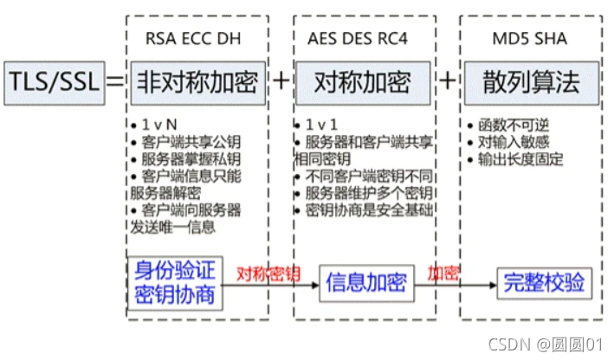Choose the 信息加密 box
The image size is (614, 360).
pos(364,281)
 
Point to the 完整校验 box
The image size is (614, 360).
pos(545,282)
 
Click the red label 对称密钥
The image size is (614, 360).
pos(269,273)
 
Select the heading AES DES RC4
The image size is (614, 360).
pos(352,38)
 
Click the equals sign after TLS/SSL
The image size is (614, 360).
pos(114,82)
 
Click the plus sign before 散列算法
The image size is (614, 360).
pos(447,82)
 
